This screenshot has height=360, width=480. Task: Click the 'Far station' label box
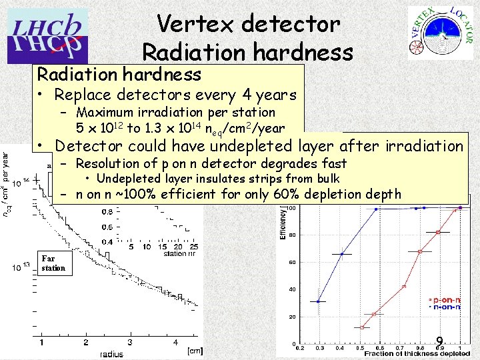point(53,263)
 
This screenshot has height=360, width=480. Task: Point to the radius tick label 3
point(129,343)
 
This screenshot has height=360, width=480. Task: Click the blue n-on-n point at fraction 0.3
point(319,301)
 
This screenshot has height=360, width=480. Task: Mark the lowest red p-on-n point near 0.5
point(363,327)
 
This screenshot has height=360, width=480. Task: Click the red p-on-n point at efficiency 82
point(438,232)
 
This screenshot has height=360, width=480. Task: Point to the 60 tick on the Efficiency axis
point(291,261)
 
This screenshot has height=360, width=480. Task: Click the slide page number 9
point(440,340)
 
